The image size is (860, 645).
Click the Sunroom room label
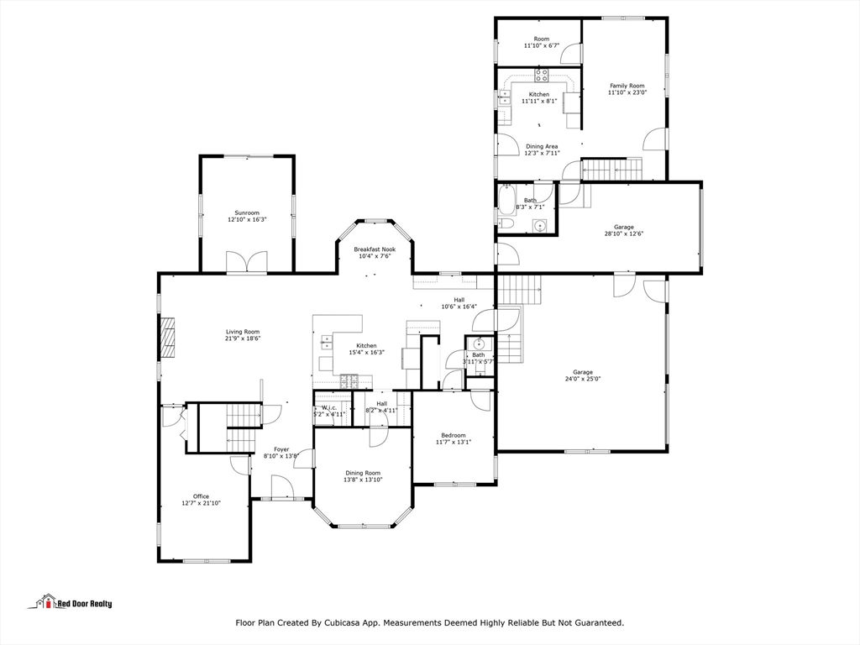[x=247, y=212]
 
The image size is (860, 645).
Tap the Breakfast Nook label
[x=375, y=249]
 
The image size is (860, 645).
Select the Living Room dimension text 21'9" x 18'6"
[x=243, y=338]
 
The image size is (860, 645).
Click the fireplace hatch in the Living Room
[x=167, y=338]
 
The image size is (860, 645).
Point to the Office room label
[x=201, y=496]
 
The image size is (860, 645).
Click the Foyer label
[x=281, y=449]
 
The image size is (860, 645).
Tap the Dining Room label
[x=363, y=473]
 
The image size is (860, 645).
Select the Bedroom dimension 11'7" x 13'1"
[x=454, y=442]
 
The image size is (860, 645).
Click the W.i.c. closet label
[x=329, y=407]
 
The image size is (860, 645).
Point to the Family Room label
[x=627, y=86]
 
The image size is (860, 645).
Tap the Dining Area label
[x=542, y=146]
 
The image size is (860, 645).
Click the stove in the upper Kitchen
[x=542, y=75]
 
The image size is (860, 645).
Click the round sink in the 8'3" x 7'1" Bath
[x=540, y=225]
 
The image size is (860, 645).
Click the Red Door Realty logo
[x=70, y=602]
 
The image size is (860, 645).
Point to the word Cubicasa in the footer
[x=341, y=622]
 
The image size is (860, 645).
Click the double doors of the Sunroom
[x=247, y=262]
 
